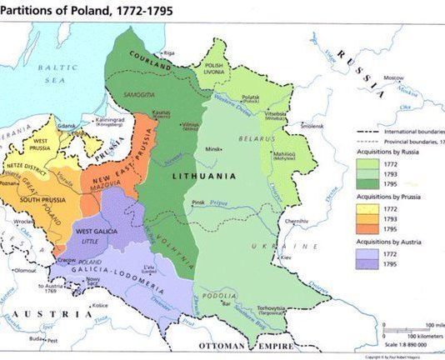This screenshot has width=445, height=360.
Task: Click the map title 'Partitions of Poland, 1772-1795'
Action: tap(74, 11)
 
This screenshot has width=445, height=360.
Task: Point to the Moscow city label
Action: tap(393, 77)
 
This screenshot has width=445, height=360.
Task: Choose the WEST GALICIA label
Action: tap(95, 230)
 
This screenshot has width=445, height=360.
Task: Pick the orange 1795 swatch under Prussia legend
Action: tap(367, 229)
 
